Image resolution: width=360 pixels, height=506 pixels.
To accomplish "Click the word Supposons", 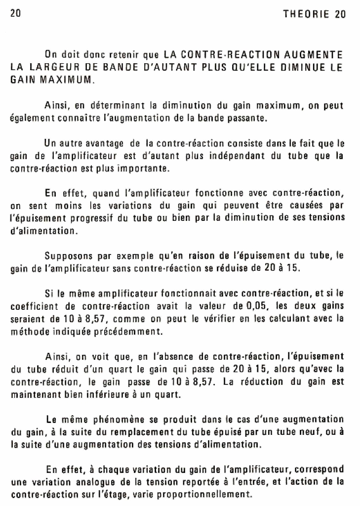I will point(65,255).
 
